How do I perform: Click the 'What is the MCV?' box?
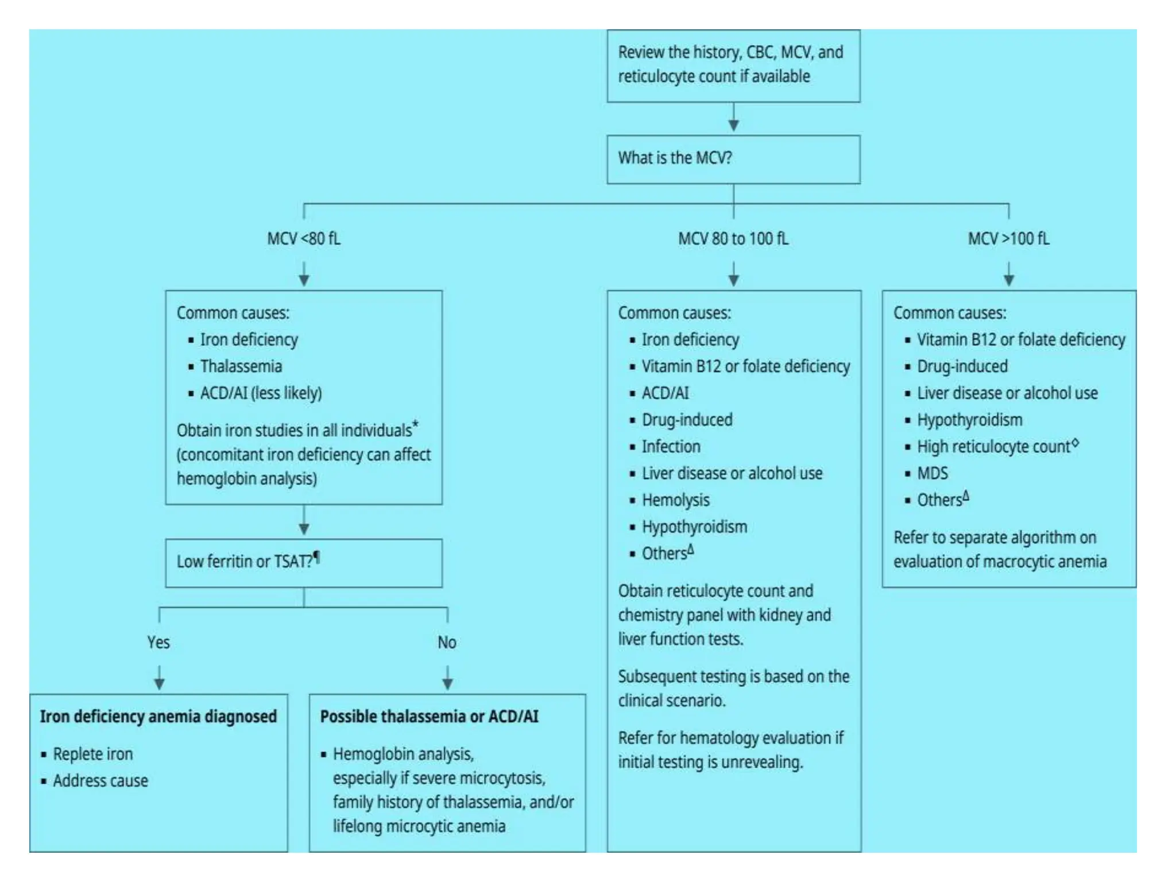(x=733, y=159)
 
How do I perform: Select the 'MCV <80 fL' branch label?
(x=303, y=238)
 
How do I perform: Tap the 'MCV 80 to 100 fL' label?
(x=733, y=238)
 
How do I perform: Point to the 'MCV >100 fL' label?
(x=1008, y=238)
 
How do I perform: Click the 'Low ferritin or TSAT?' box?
(x=303, y=562)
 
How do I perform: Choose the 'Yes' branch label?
(x=158, y=642)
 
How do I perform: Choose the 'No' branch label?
(x=447, y=642)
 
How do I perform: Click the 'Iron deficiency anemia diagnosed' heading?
(x=158, y=717)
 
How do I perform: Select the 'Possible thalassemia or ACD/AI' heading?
(x=429, y=717)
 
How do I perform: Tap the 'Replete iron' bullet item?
(x=93, y=754)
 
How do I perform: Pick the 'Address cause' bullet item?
(x=100, y=781)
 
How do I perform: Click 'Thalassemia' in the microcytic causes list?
(x=241, y=366)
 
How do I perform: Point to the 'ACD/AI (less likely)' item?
(x=261, y=393)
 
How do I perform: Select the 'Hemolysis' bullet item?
(x=675, y=500)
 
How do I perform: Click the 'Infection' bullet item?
(x=671, y=447)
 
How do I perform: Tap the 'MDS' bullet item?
(x=932, y=474)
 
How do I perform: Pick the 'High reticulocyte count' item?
(x=994, y=447)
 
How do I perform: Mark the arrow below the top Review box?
(x=733, y=118)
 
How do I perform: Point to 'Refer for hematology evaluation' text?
(x=730, y=738)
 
